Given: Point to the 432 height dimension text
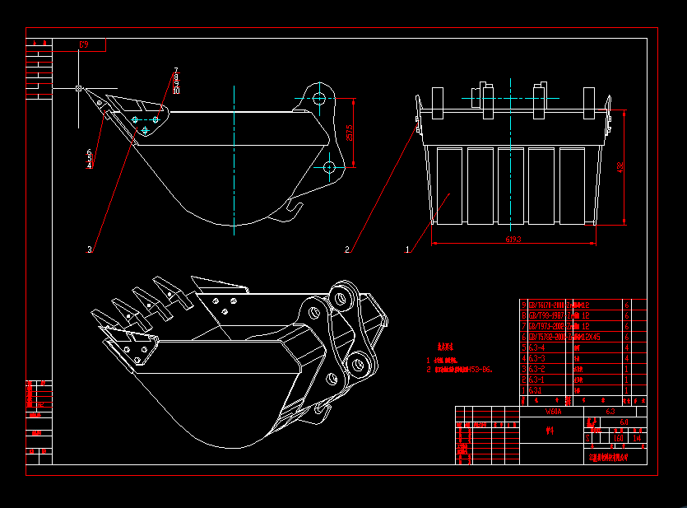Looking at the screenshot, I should (x=620, y=167).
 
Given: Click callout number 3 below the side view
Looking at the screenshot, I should (x=89, y=248).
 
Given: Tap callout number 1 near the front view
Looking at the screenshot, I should (x=406, y=247).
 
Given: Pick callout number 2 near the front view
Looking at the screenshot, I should (x=347, y=249).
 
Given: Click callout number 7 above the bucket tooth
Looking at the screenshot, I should (x=175, y=71).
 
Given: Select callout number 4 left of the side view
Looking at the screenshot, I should (x=89, y=165).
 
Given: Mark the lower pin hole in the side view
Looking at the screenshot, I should (x=329, y=167).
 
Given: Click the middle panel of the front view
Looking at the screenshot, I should (x=511, y=184).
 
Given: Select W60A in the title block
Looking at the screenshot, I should (x=553, y=410).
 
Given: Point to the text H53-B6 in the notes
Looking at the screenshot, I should (x=478, y=370).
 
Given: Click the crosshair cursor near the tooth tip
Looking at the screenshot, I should (x=78, y=87).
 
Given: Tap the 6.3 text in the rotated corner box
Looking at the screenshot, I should (x=83, y=44).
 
